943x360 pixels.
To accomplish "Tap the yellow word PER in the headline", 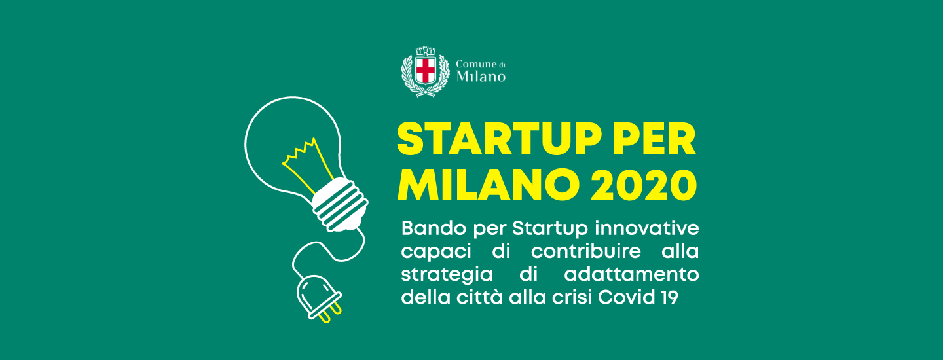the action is (x=655, y=139).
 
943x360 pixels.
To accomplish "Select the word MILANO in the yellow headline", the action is (x=489, y=185).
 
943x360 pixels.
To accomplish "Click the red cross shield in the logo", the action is (x=425, y=70).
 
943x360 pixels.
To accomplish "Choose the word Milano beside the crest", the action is (x=481, y=76).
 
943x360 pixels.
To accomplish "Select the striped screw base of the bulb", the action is (x=340, y=205).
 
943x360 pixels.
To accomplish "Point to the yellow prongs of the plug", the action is (x=330, y=314).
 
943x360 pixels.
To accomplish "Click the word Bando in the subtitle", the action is (x=434, y=228).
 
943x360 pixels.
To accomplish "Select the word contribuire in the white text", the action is (x=586, y=251).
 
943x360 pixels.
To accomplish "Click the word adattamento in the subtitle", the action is (x=631, y=275).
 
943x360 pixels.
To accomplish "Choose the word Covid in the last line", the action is (x=627, y=297).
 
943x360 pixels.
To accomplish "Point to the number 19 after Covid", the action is (x=670, y=297).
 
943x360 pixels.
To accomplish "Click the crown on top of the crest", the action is (x=425, y=52).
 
